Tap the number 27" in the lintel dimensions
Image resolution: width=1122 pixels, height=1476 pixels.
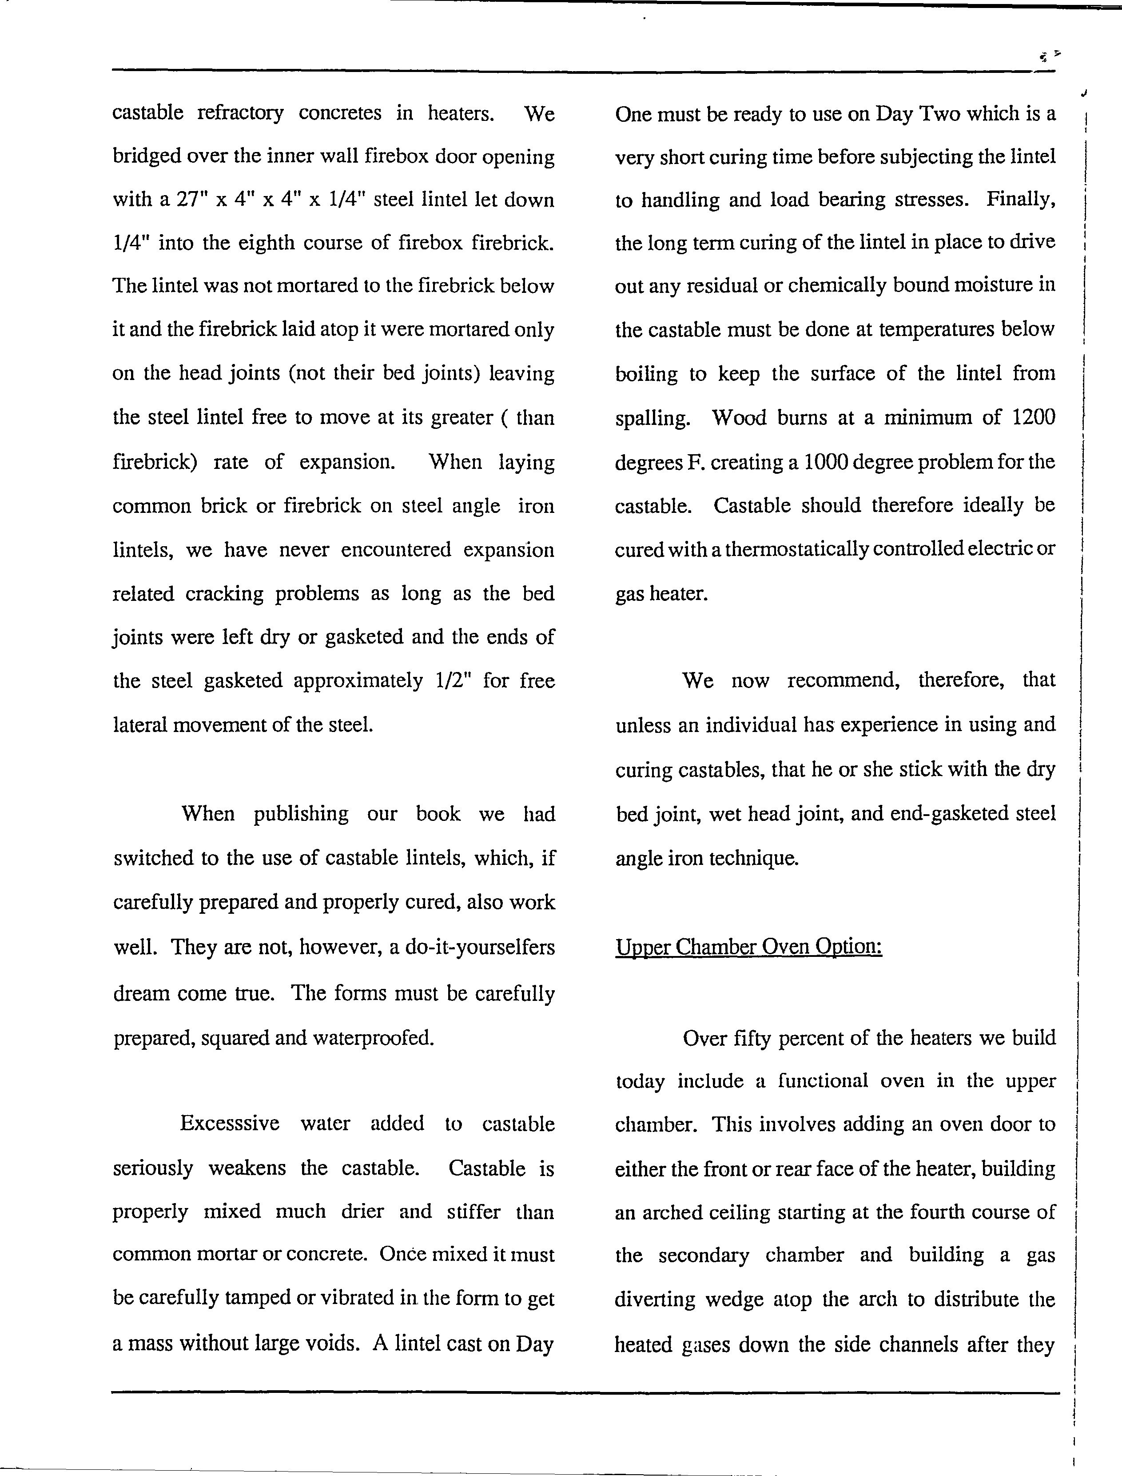[193, 200]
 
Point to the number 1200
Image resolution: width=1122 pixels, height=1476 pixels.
[1033, 418]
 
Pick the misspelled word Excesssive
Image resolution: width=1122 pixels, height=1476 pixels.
[229, 1123]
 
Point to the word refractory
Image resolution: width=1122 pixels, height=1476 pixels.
[240, 113]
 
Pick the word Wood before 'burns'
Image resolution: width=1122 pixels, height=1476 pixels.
[736, 418]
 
